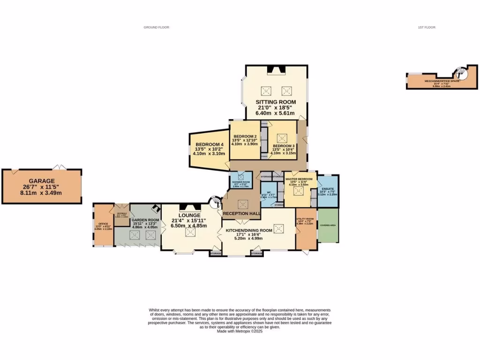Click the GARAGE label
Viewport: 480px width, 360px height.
pos(42,180)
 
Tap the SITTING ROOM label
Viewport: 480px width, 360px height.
pos(276,102)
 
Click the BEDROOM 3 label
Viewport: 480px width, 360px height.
pos(284,146)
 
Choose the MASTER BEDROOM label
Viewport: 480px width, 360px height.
pos(299,179)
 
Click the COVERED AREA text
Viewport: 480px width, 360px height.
pos(327,225)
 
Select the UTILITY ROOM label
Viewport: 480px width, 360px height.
pos(305,218)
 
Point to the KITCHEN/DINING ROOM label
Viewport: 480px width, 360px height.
pos(249,231)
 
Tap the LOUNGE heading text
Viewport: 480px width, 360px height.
pos(189,215)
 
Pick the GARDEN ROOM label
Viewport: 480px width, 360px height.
pos(145,220)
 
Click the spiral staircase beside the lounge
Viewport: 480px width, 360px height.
pos(214,202)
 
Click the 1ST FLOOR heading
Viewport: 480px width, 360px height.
pos(427,28)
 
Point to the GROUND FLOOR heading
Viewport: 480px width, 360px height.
pos(156,28)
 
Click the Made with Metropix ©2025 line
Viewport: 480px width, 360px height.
pos(240,331)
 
